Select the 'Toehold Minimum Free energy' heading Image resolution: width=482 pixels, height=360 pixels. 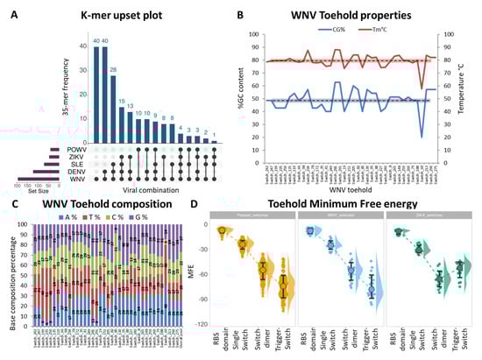click(347, 204)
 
